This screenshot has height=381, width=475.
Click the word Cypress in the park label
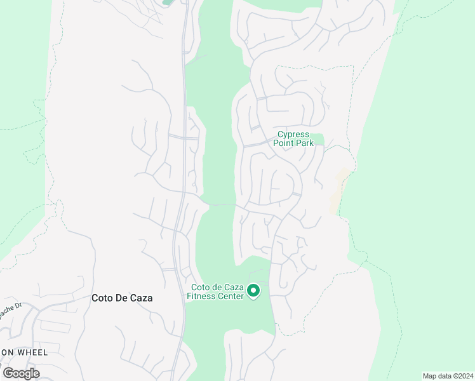tap(293, 135)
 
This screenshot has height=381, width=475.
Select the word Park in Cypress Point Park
tap(304, 144)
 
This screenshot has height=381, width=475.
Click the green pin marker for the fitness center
tap(253, 291)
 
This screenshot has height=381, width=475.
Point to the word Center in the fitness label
tap(230, 297)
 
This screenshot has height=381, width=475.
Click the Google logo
tap(21, 373)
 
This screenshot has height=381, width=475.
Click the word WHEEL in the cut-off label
tap(20, 352)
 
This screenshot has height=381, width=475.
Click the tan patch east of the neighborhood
tap(338, 190)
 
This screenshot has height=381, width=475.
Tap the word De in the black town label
tap(123, 297)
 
